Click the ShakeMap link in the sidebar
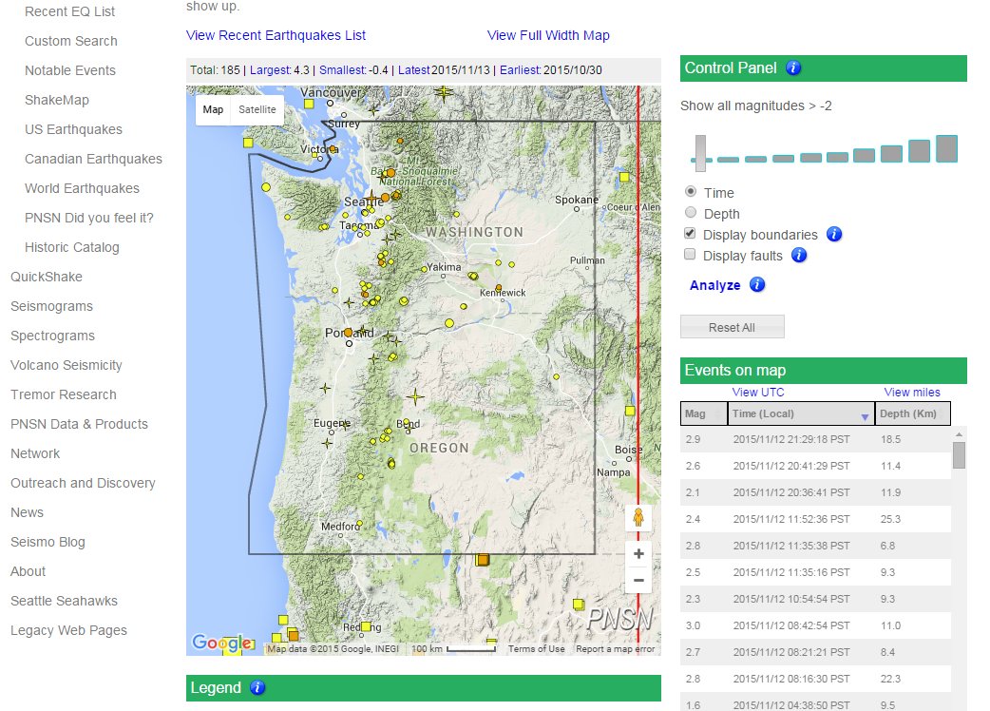pyautogui.click(x=56, y=100)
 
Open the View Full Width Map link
pyautogui.click(x=548, y=35)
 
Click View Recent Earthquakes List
pyautogui.click(x=276, y=35)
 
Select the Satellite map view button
pyautogui.click(x=257, y=109)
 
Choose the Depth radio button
pyautogui.click(x=691, y=214)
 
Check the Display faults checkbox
pyautogui.click(x=691, y=255)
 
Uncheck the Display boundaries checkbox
pyautogui.click(x=691, y=234)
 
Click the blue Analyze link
pyautogui.click(x=714, y=285)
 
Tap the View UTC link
pyautogui.click(x=758, y=393)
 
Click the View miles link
pyautogui.click(x=912, y=393)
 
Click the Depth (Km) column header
pyautogui.click(x=911, y=413)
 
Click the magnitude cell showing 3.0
pyautogui.click(x=695, y=625)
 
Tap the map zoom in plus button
pyautogui.click(x=638, y=554)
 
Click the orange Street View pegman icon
pyautogui.click(x=638, y=518)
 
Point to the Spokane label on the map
pyautogui.click(x=577, y=200)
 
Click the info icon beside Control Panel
pyautogui.click(x=794, y=67)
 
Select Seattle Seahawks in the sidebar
pyautogui.click(x=64, y=601)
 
